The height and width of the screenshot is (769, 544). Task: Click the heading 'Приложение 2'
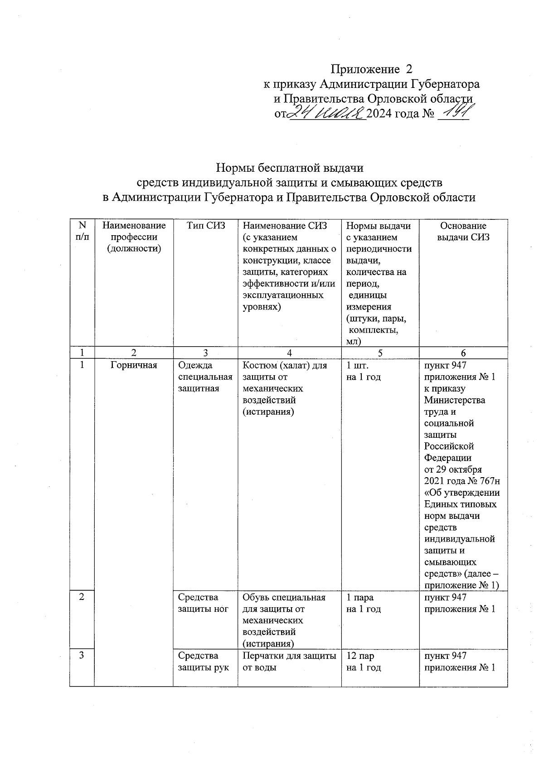click(x=372, y=69)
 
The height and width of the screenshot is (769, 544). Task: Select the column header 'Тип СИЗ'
click(x=205, y=226)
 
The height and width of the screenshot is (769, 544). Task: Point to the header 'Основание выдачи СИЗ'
click(x=463, y=232)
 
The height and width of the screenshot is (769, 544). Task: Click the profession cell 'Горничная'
click(x=134, y=365)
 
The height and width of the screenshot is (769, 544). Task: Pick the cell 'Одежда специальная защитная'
click(x=205, y=377)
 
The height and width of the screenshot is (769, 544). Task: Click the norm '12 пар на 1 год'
click(x=364, y=662)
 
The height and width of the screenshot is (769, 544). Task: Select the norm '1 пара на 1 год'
click(x=364, y=603)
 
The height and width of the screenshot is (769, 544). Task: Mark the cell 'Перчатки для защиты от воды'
click(x=289, y=662)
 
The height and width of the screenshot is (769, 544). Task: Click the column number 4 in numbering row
click(x=289, y=353)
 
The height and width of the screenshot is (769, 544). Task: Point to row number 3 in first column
click(x=82, y=655)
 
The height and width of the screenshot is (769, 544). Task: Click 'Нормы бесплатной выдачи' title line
click(x=290, y=168)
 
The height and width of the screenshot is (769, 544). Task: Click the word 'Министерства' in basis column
click(x=454, y=400)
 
